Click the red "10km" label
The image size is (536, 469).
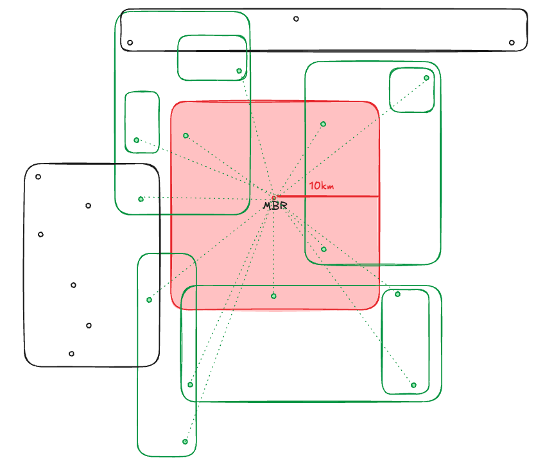coord(322,186)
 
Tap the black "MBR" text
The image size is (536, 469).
coord(275,206)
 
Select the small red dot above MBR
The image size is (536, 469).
coord(274,198)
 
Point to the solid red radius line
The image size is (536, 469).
coord(327,196)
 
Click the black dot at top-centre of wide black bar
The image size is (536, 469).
coord(296,19)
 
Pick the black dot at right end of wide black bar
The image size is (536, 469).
coord(512,43)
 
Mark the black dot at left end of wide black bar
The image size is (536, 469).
coord(130,43)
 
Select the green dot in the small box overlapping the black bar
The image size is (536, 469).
coord(239,71)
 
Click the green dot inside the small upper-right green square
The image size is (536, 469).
coord(426,78)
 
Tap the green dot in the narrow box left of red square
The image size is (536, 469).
coord(136,140)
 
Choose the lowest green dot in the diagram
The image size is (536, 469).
coord(185,441)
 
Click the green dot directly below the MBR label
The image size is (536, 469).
coord(273,296)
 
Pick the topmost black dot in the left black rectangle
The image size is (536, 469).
coord(39,177)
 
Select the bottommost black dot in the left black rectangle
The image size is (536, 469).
coord(71,354)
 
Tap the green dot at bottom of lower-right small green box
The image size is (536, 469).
coord(413,386)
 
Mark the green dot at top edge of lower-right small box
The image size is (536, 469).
coord(397,294)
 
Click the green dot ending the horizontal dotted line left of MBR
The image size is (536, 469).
coord(141,199)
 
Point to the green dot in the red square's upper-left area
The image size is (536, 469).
coord(186,135)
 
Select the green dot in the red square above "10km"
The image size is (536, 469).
coord(323,124)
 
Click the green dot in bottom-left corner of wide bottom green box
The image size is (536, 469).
coord(191,385)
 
